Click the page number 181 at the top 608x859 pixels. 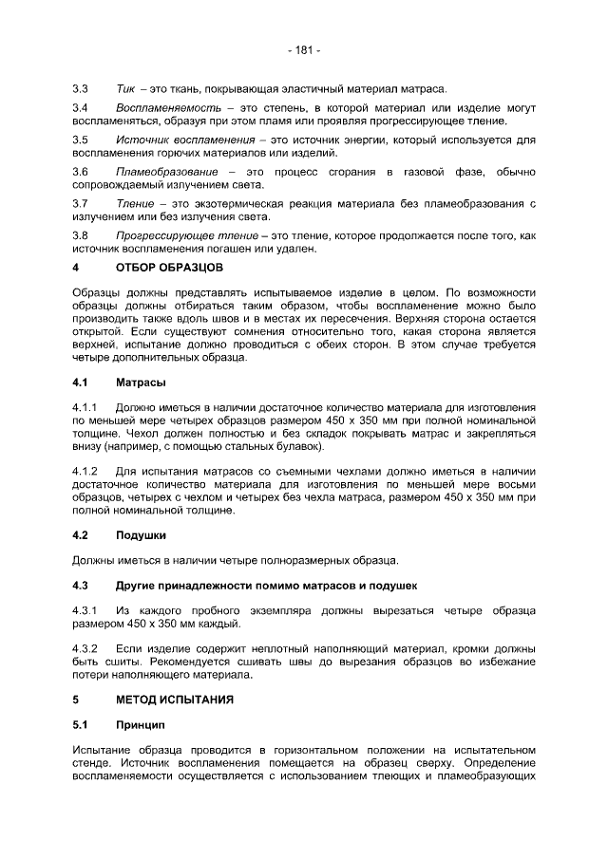304,49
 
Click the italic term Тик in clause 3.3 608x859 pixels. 125,88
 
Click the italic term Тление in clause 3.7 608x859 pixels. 137,203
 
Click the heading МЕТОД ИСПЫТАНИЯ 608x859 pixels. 174,700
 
